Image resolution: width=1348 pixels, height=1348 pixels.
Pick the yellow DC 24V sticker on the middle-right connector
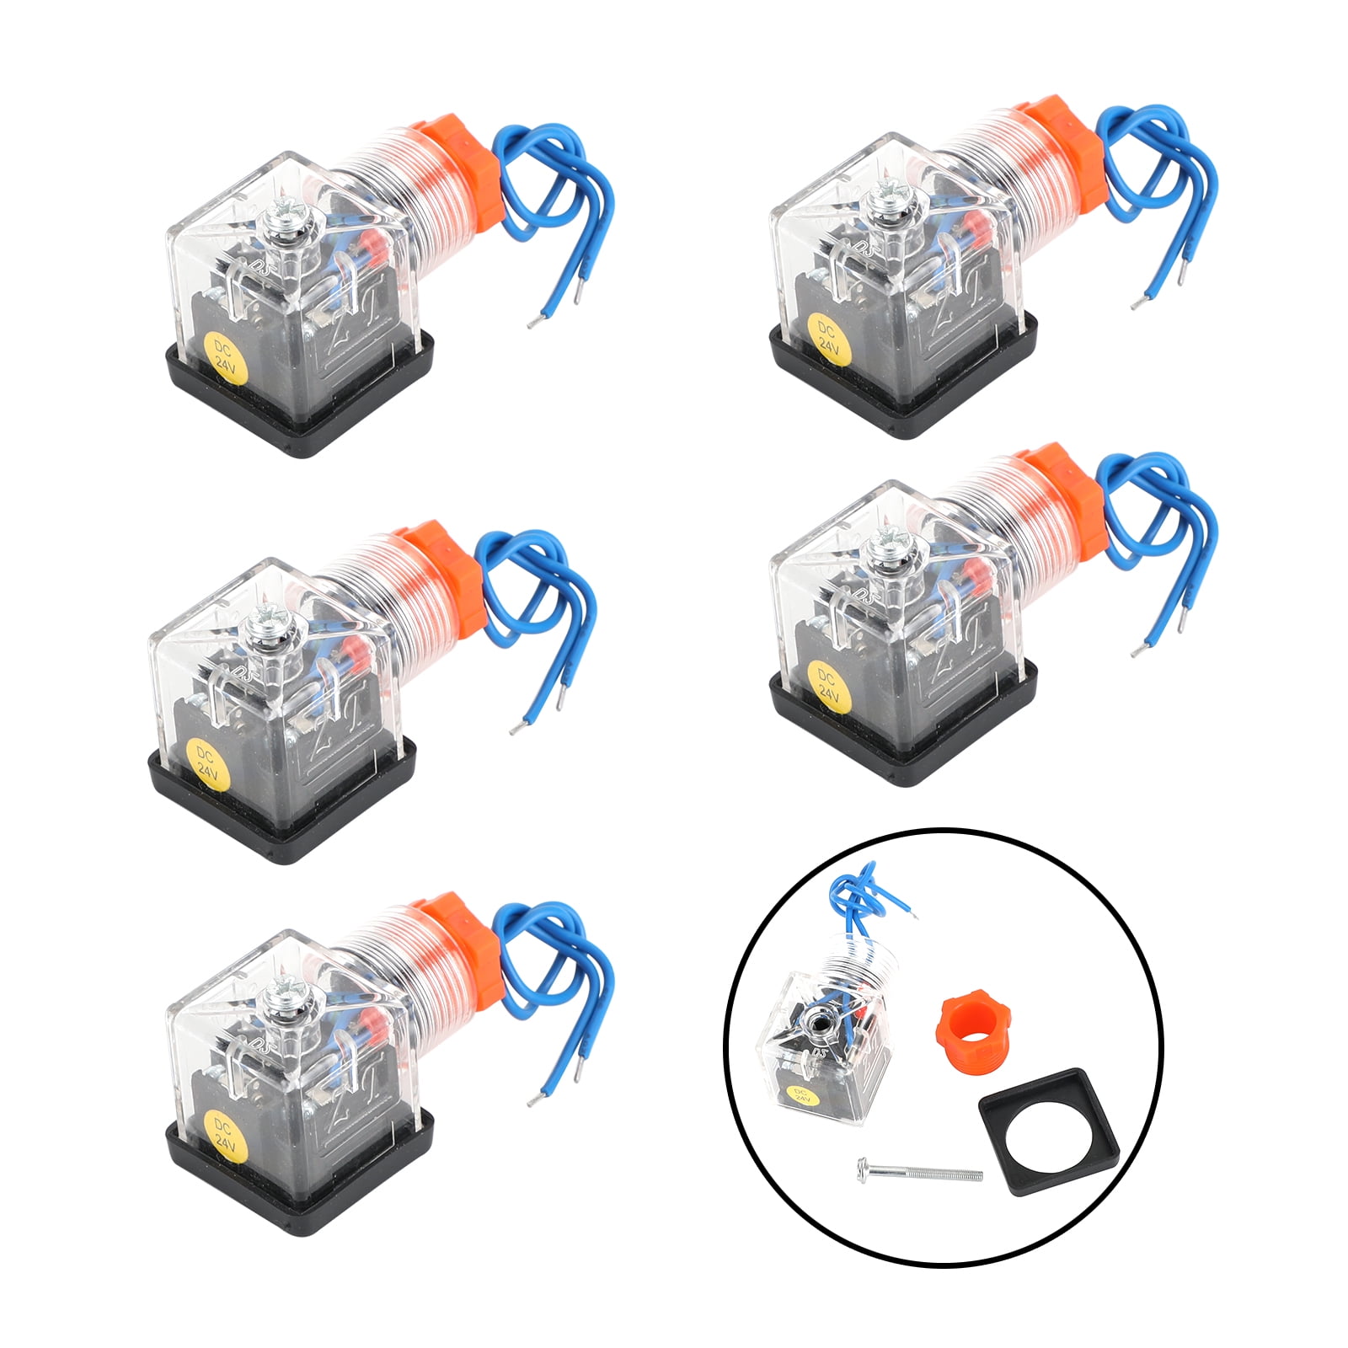[828, 683]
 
